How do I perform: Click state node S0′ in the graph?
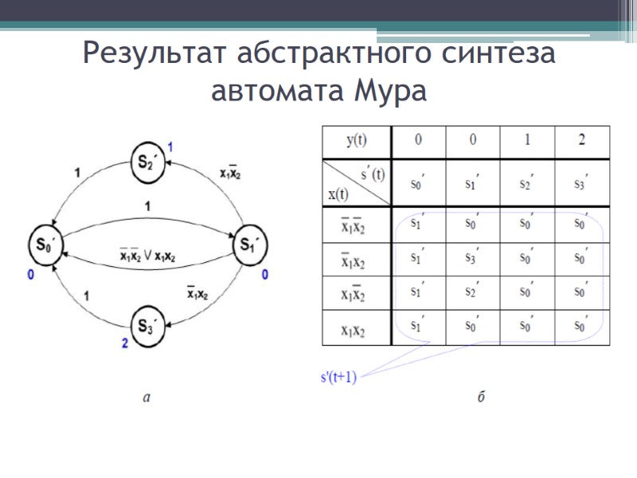(x=44, y=244)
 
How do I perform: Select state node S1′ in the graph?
(x=248, y=244)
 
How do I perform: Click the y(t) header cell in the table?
(x=357, y=141)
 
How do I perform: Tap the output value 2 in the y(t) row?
(x=582, y=141)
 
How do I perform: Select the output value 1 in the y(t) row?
(x=527, y=141)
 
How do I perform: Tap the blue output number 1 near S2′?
(x=169, y=146)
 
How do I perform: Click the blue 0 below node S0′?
(x=31, y=275)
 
